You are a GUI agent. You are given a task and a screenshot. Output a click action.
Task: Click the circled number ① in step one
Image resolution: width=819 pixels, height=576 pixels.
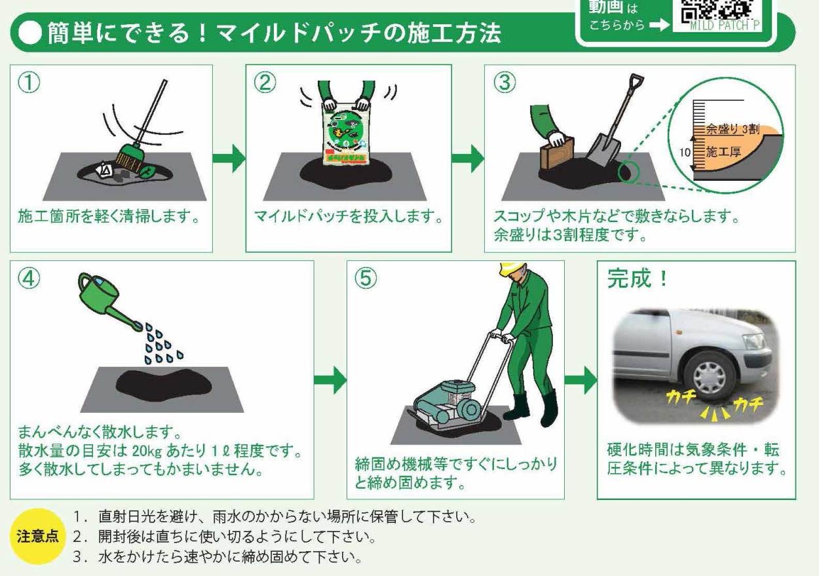[x=30, y=83]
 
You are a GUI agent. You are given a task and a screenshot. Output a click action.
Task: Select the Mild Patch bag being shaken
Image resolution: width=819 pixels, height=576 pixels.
[x=345, y=132]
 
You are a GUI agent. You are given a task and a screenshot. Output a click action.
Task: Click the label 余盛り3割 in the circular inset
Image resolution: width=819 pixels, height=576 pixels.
[x=730, y=130]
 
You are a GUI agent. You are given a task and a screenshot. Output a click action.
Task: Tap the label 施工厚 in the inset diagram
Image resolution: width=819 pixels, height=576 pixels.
[x=723, y=152]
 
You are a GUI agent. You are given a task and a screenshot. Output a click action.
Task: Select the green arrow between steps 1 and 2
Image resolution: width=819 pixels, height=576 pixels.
[x=229, y=158]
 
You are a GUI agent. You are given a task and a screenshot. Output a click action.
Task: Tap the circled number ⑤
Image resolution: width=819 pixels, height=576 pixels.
[x=366, y=278]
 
